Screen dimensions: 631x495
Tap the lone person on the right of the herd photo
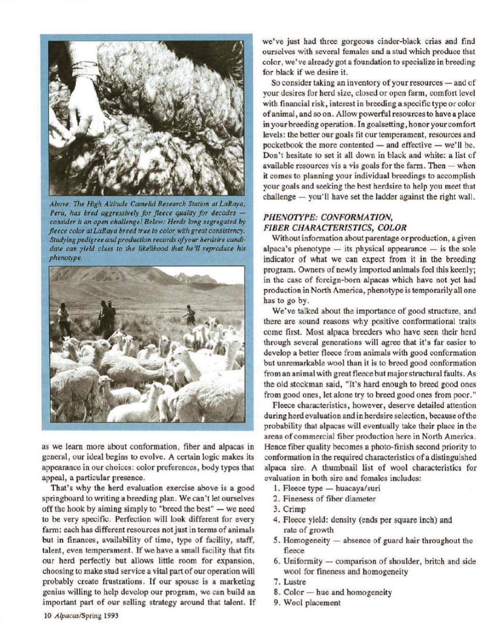[190, 314]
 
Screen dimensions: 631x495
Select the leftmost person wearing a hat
[63, 318]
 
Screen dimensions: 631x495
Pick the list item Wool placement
[311, 602]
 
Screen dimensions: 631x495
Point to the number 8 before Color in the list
[276, 592]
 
